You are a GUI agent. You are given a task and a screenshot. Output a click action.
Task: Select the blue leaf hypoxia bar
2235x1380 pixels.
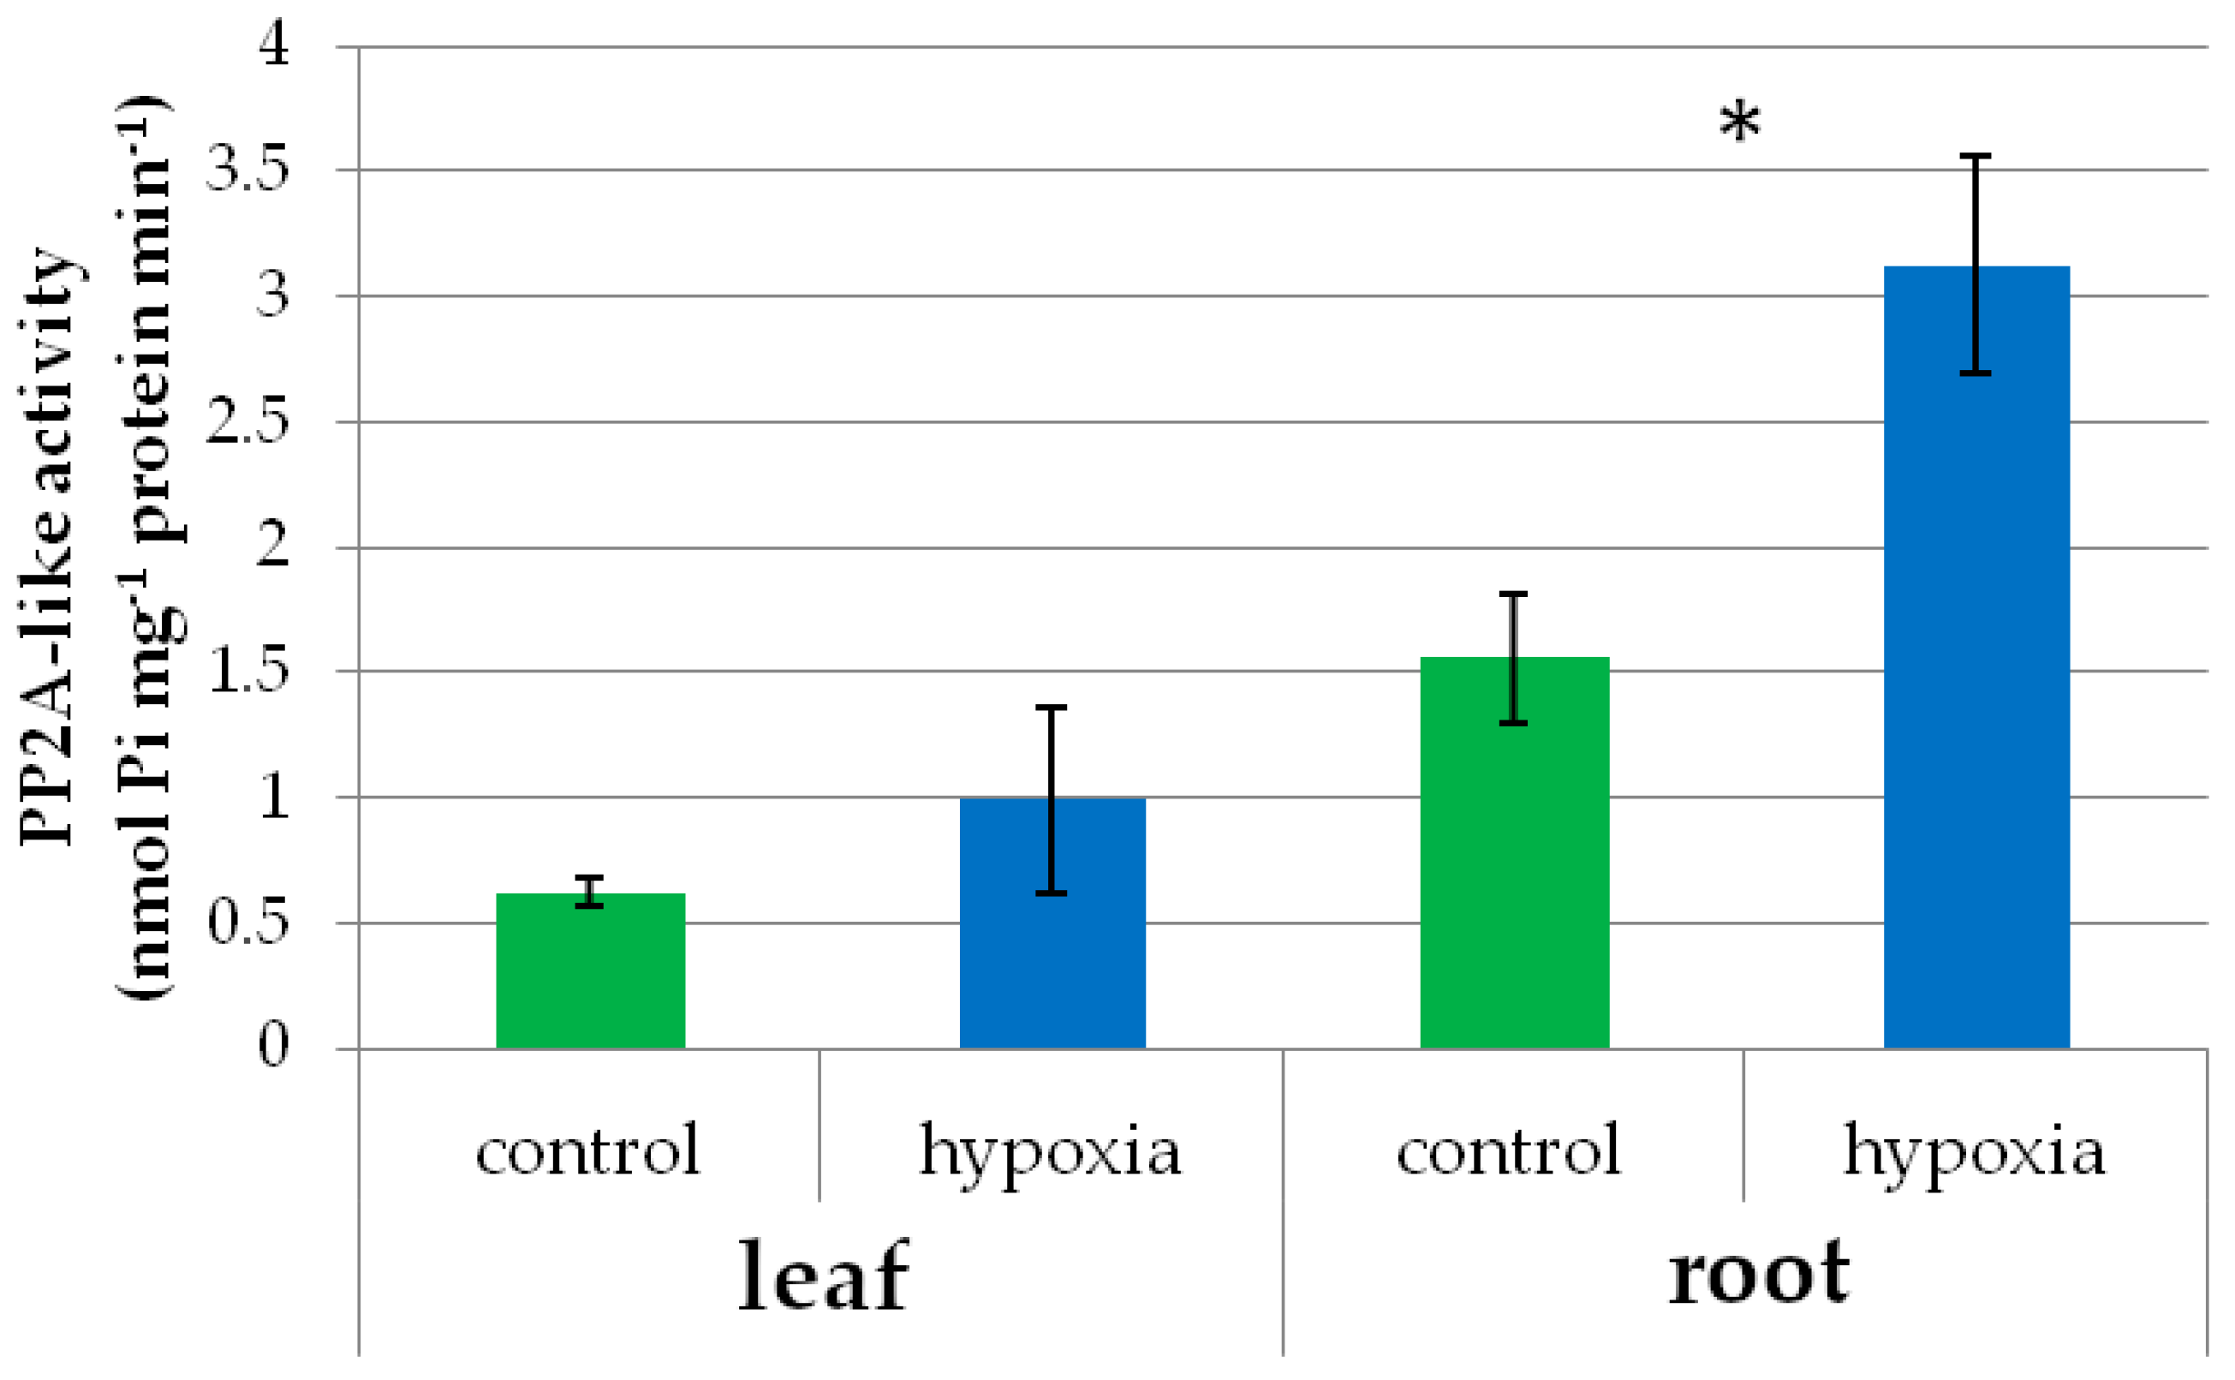[1052, 923]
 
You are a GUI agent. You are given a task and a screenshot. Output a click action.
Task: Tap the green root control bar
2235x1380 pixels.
[1514, 852]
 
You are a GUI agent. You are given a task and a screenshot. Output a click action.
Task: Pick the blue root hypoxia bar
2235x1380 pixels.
[1976, 657]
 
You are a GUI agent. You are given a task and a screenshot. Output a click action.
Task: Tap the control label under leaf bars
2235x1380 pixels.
[587, 1150]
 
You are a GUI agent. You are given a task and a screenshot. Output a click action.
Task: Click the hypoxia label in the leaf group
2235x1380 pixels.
[1050, 1152]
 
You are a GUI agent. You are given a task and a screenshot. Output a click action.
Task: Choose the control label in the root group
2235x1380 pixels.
[1508, 1150]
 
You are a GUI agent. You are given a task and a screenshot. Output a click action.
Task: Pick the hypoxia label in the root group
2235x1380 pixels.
[1974, 1152]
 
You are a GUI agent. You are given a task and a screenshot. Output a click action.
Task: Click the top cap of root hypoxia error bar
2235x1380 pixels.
[1975, 157]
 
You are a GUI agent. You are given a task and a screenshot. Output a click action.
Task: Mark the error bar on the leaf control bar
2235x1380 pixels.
[589, 891]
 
